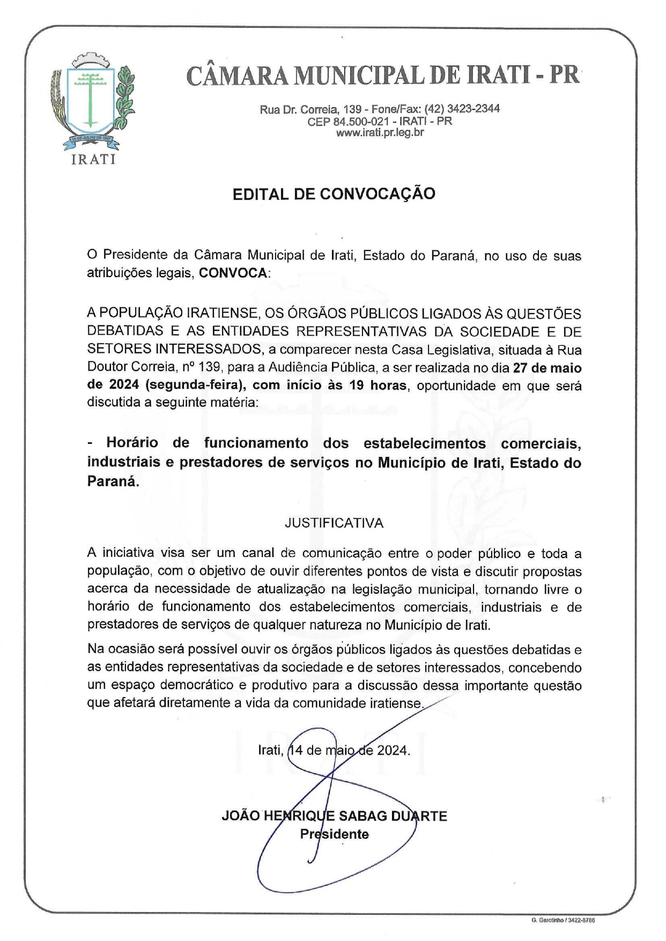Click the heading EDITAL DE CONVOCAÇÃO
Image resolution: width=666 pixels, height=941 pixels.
pyautogui.click(x=334, y=194)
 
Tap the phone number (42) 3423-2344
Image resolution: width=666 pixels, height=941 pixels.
pyautogui.click(x=462, y=109)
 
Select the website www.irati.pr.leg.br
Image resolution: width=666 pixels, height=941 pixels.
pyautogui.click(x=380, y=132)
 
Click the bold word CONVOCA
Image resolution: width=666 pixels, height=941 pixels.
pyautogui.click(x=233, y=273)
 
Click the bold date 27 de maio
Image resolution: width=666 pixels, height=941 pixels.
pyautogui.click(x=547, y=368)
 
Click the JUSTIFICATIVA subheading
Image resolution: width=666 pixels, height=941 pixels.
pyautogui.click(x=334, y=523)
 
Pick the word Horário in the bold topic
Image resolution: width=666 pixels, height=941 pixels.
pyautogui.click(x=132, y=443)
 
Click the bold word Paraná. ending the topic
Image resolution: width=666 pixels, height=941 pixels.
pyautogui.click(x=113, y=481)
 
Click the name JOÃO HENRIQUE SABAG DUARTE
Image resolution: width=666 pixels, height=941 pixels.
pyautogui.click(x=334, y=816)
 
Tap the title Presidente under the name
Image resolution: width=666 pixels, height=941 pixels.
pyautogui.click(x=334, y=834)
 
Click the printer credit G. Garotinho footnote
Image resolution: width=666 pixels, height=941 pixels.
pyautogui.click(x=563, y=920)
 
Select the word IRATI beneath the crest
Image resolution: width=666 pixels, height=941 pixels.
pyautogui.click(x=93, y=159)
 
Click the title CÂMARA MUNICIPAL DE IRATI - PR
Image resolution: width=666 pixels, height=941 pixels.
pyautogui.click(x=382, y=76)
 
